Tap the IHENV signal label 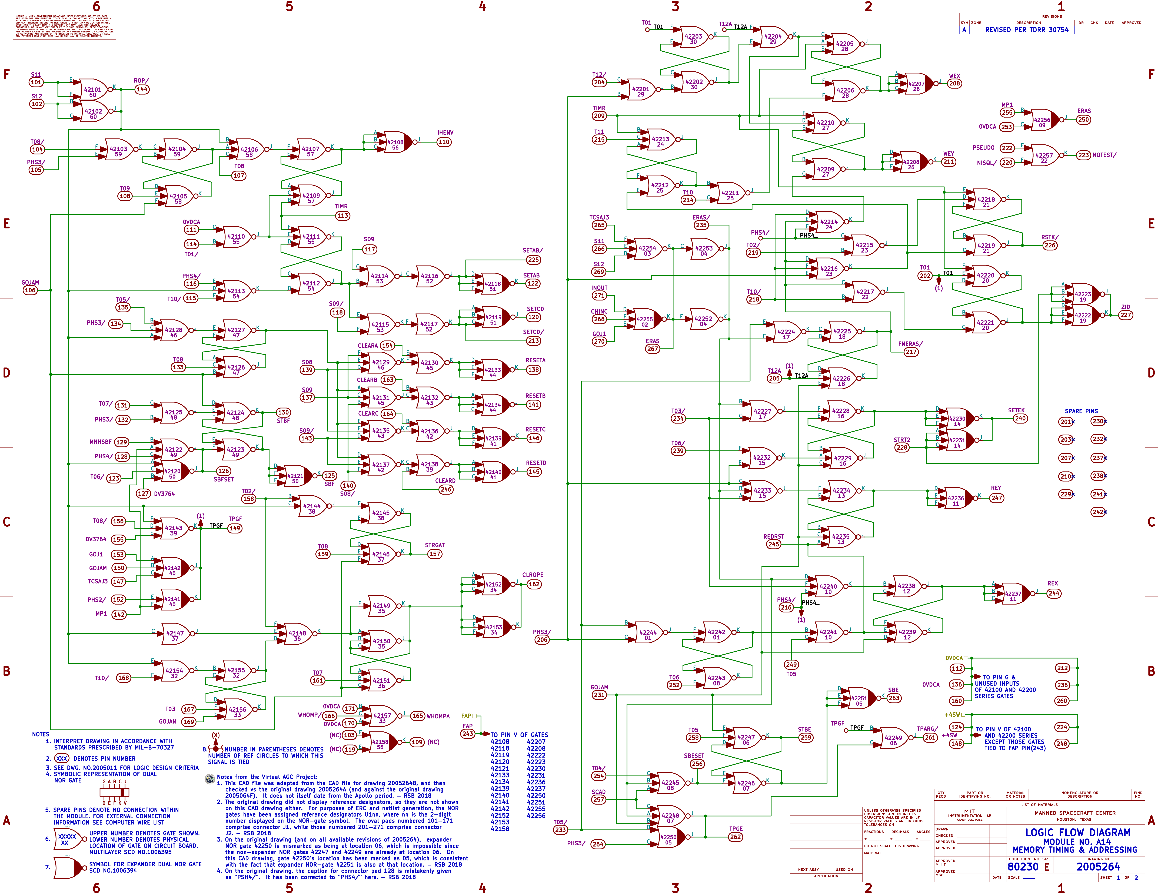pos(445,132)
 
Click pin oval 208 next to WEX pos(954,83)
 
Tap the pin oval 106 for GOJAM pos(30,290)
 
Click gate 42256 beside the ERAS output pos(1042,122)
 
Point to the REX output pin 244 pos(1054,593)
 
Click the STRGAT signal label pos(435,545)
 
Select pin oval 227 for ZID pos(1125,315)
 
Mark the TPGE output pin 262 pos(735,837)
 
